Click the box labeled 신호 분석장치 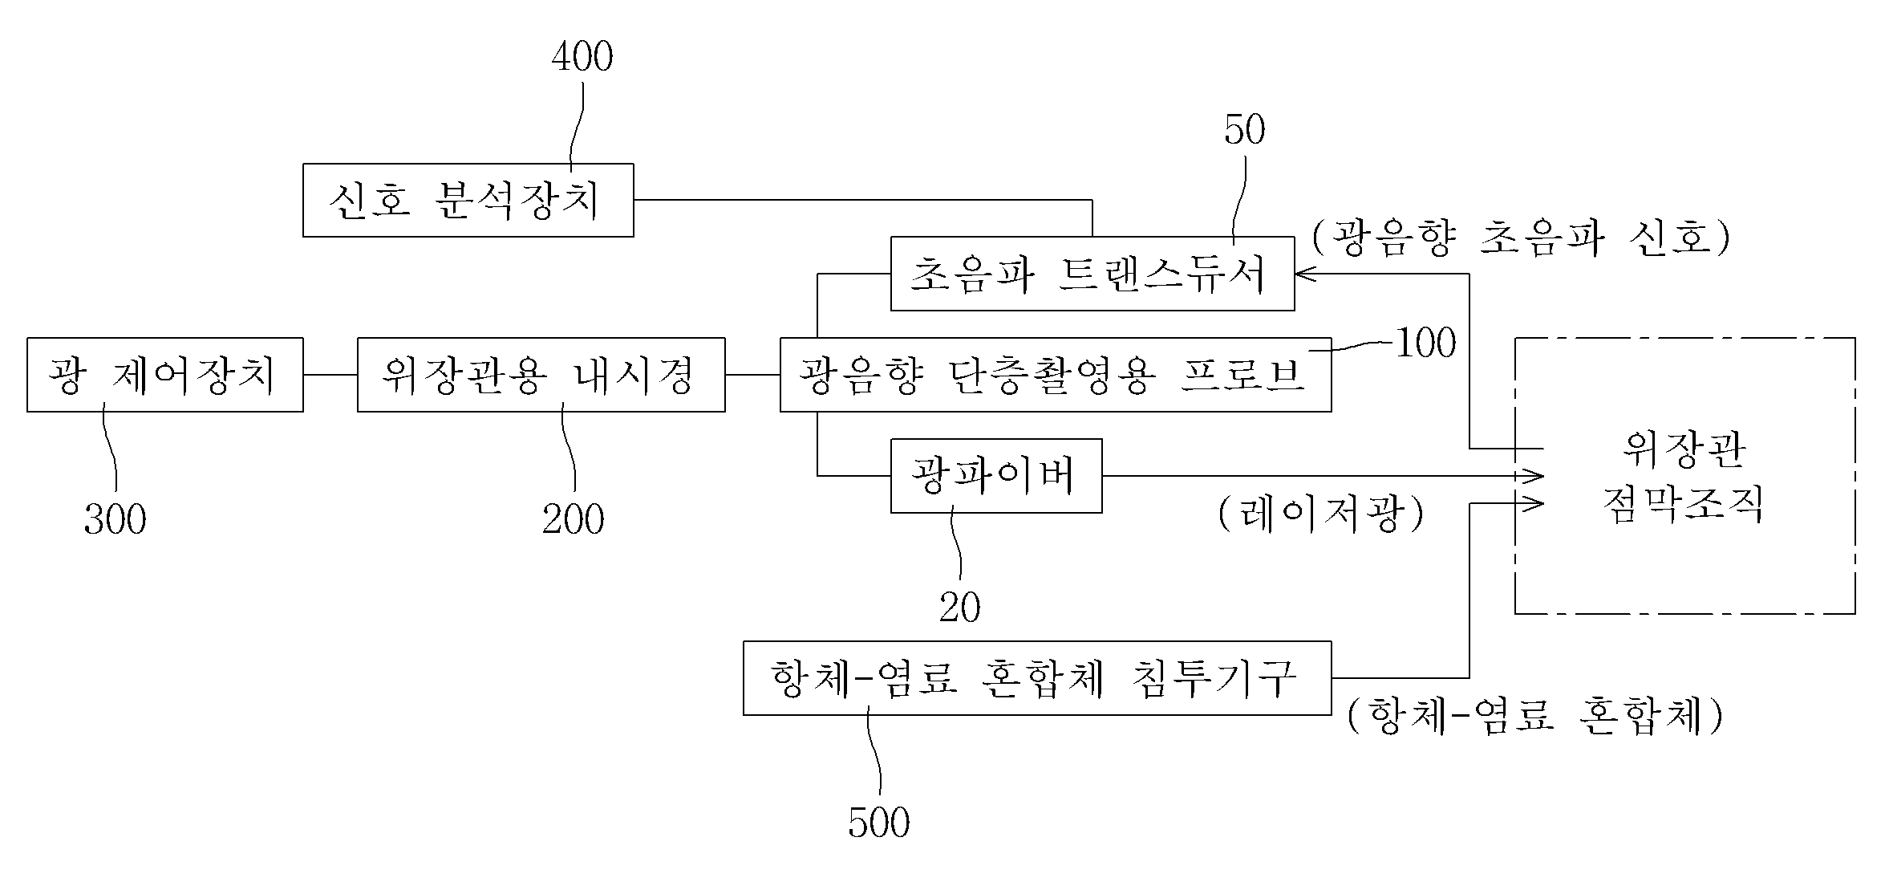(468, 200)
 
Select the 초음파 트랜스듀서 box (1092, 274)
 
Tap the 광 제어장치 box (165, 375)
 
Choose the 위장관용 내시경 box (541, 375)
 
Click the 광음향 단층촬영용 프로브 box (1056, 375)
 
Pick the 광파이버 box (996, 476)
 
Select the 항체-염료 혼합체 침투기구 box (1037, 678)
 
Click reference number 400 (582, 57)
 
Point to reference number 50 (1245, 130)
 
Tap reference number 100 (1426, 343)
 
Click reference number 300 (116, 520)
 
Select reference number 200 (574, 520)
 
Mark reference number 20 (960, 608)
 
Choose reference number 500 (879, 823)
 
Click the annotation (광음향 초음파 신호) (1521, 238)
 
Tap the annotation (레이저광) (1321, 513)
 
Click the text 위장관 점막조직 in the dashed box (1684, 477)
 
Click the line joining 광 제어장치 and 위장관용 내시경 (330, 375)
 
